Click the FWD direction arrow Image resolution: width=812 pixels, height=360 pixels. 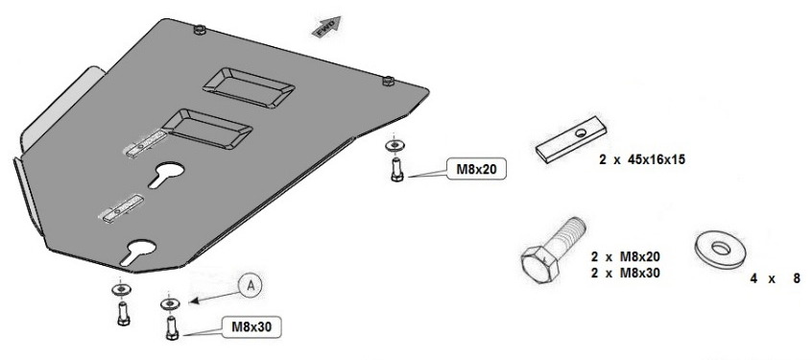pyautogui.click(x=326, y=27)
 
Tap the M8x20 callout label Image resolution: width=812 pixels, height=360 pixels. pyautogui.click(x=476, y=169)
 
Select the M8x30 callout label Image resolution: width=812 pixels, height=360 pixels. pyautogui.click(x=251, y=326)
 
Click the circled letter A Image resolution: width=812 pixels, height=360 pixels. pyautogui.click(x=251, y=286)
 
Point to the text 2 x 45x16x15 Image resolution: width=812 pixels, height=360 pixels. pyautogui.click(x=642, y=159)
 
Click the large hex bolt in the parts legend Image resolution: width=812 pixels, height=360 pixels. pyautogui.click(x=552, y=250)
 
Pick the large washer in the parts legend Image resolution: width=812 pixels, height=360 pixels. pyautogui.click(x=721, y=250)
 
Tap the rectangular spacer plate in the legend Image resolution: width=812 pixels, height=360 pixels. pyautogui.click(x=571, y=139)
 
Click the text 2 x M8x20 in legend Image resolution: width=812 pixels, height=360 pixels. pyautogui.click(x=626, y=256)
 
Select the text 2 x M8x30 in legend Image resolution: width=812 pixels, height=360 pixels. pyautogui.click(x=626, y=273)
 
